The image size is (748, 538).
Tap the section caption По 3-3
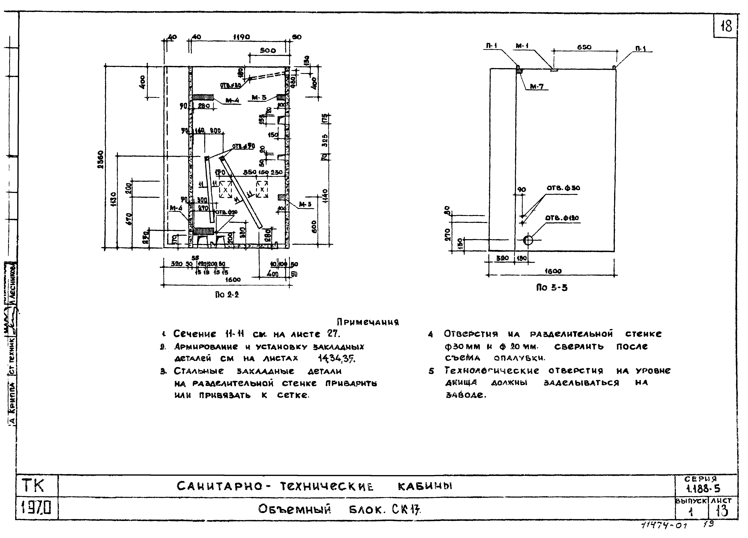(552, 288)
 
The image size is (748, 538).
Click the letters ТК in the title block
(33, 486)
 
